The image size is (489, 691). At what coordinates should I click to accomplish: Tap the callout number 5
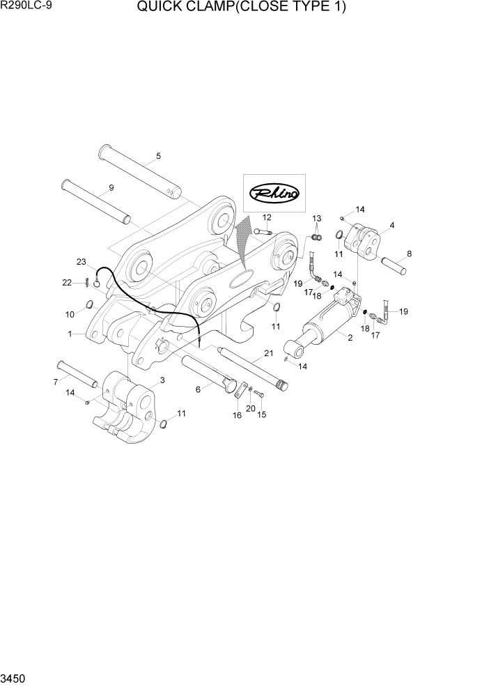pyautogui.click(x=158, y=156)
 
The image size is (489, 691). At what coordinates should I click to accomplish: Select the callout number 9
pyautogui.click(x=111, y=188)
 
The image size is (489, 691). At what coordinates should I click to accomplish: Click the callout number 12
pyautogui.click(x=266, y=217)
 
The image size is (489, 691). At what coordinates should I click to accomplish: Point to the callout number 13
pyautogui.click(x=316, y=219)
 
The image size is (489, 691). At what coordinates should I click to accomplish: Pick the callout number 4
pyautogui.click(x=392, y=225)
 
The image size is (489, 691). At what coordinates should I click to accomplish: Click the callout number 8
pyautogui.click(x=409, y=254)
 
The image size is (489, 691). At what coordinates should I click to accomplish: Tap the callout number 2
pyautogui.click(x=349, y=338)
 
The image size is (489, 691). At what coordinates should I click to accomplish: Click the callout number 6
pyautogui.click(x=198, y=389)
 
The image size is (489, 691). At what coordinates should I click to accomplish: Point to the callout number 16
pyautogui.click(x=237, y=415)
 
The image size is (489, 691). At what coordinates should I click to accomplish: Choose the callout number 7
pyautogui.click(x=55, y=381)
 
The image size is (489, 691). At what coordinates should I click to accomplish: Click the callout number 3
pyautogui.click(x=162, y=380)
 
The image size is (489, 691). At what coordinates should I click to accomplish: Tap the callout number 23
pyautogui.click(x=81, y=262)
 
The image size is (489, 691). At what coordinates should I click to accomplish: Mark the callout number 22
pyautogui.click(x=67, y=282)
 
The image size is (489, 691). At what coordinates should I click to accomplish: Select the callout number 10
pyautogui.click(x=70, y=315)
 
